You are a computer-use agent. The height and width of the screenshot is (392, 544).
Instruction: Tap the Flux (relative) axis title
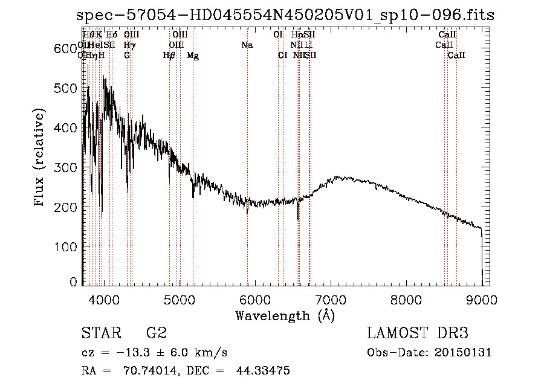(40, 158)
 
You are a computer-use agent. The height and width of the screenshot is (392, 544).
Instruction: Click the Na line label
(247, 45)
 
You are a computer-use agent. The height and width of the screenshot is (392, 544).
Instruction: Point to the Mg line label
(193, 56)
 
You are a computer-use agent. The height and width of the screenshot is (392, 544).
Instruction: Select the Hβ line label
(169, 56)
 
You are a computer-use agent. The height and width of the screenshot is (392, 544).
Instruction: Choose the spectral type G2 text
(156, 333)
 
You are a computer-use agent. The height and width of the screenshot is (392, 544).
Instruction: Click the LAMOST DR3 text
(417, 333)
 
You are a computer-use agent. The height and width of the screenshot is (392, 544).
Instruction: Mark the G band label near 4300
(127, 56)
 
